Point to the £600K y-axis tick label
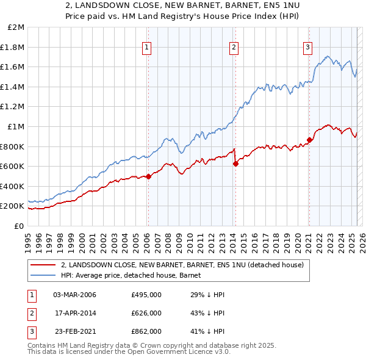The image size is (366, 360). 13,166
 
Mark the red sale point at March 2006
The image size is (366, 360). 148,177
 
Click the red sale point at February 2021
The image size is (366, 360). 309,140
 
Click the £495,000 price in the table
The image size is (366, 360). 146,295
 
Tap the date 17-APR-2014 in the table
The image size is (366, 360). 75,313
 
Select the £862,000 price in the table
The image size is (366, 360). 146,331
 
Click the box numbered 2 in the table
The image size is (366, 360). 31,313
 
